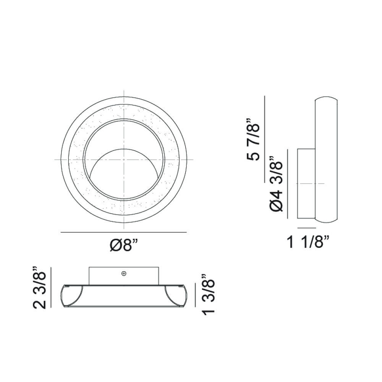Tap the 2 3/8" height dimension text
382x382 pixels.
click(x=39, y=288)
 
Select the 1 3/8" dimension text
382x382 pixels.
click(x=208, y=295)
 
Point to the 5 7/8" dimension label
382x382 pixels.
click(x=253, y=139)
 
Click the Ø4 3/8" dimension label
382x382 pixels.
click(x=276, y=184)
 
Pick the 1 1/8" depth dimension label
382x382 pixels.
click(x=308, y=242)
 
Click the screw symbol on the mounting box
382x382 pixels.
click(x=124, y=274)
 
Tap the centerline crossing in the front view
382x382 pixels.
click(x=124, y=160)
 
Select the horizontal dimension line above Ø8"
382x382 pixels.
click(x=123, y=232)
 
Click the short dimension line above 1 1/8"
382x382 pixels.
click(x=307, y=228)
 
